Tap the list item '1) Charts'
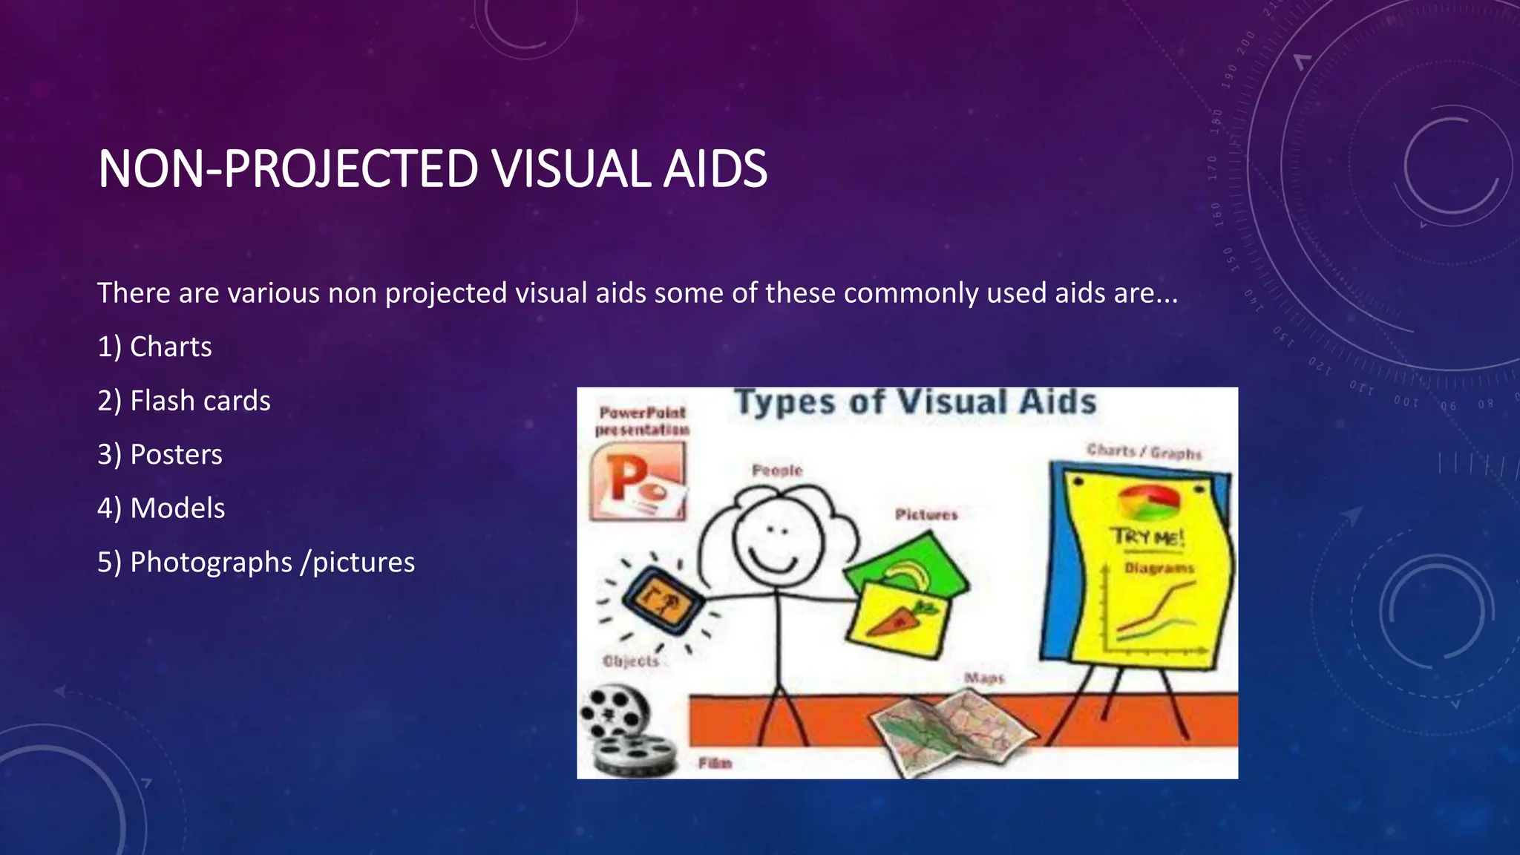coord(154,347)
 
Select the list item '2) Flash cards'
coord(184,401)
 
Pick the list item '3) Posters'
coord(160,454)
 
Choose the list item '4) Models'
coord(161,508)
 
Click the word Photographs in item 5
coord(211,563)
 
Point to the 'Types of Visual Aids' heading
coord(915,402)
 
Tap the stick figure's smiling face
coord(777,540)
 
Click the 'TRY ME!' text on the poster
coord(1147,537)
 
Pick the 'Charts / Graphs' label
coord(1144,451)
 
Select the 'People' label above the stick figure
coord(777,471)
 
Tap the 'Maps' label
coord(984,678)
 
